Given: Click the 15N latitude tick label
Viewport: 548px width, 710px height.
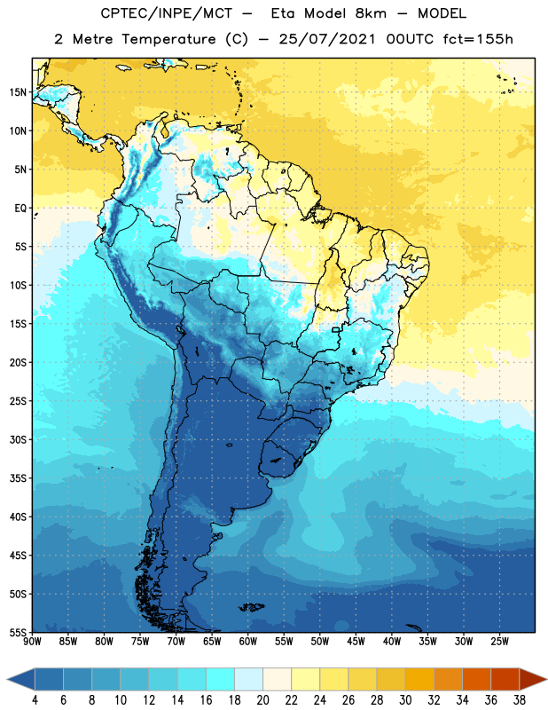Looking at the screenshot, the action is (x=18, y=92).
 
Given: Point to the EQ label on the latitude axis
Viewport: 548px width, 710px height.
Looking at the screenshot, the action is (x=20, y=209).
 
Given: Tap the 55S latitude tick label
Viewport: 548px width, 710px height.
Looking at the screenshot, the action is (x=18, y=632).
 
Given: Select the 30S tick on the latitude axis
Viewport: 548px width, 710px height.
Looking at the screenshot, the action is (x=18, y=439).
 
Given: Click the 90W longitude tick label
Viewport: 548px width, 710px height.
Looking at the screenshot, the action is (x=32, y=642).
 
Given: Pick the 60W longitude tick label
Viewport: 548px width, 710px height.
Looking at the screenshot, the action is (x=248, y=642).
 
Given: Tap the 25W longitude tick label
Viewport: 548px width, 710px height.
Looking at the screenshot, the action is (x=499, y=642).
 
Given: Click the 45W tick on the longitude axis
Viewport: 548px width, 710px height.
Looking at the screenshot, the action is (x=356, y=642).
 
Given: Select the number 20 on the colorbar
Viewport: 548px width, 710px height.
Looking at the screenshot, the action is (x=262, y=700).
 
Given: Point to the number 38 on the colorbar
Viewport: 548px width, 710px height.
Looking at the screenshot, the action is (x=520, y=700).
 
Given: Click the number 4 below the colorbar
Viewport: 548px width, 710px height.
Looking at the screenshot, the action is (x=35, y=700).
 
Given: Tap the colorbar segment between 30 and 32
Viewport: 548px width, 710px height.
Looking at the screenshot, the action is (x=419, y=679).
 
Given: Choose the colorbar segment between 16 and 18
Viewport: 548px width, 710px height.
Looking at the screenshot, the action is (x=220, y=679).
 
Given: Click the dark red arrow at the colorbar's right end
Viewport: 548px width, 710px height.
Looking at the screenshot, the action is (x=533, y=679).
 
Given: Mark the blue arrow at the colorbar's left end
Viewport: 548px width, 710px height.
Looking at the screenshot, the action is (x=20, y=679).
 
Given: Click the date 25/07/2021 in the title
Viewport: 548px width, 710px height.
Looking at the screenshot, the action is (x=327, y=39).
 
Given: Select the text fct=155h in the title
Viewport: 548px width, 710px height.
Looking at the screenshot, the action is (x=478, y=39).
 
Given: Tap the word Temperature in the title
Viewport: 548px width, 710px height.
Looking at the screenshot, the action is (x=168, y=39).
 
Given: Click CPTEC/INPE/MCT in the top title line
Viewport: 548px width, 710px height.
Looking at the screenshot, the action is (x=166, y=13).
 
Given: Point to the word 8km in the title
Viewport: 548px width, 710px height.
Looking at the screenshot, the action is (x=371, y=13).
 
